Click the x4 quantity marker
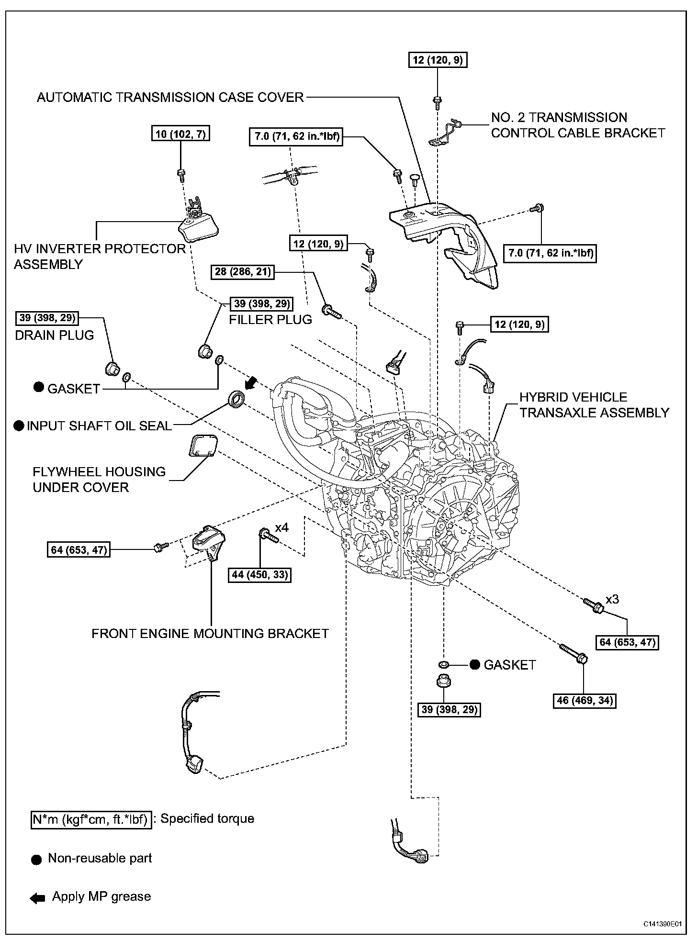click(281, 527)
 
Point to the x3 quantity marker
click(612, 599)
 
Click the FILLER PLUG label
click(270, 319)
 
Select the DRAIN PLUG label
click(55, 335)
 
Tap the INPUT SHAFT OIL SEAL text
click(99, 425)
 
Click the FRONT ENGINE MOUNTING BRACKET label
click(210, 633)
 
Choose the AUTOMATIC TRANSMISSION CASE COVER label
click(170, 97)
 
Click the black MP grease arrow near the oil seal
click(250, 382)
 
